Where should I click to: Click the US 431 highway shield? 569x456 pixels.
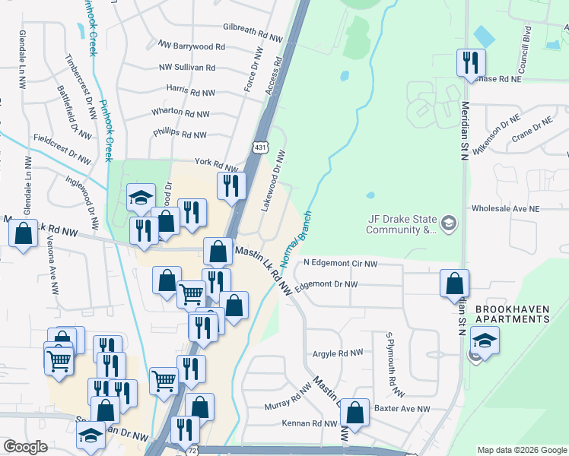pyautogui.click(x=260, y=146)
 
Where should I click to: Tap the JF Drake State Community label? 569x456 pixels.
pyautogui.click(x=403, y=223)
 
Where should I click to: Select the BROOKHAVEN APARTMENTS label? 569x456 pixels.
pyautogui.click(x=512, y=315)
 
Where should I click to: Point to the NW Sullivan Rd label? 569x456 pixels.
pyautogui.click(x=187, y=68)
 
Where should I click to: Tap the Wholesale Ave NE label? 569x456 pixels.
pyautogui.click(x=505, y=208)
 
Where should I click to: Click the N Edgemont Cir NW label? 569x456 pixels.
pyautogui.click(x=340, y=263)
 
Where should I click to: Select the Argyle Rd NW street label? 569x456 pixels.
pyautogui.click(x=339, y=353)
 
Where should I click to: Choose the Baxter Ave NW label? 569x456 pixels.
pyautogui.click(x=402, y=409)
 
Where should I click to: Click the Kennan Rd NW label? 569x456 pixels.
pyautogui.click(x=309, y=423)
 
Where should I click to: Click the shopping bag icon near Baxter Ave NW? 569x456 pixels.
pyautogui.click(x=354, y=413)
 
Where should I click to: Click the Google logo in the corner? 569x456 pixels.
pyautogui.click(x=26, y=446)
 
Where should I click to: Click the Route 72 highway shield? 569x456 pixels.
pyautogui.click(x=195, y=451)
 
